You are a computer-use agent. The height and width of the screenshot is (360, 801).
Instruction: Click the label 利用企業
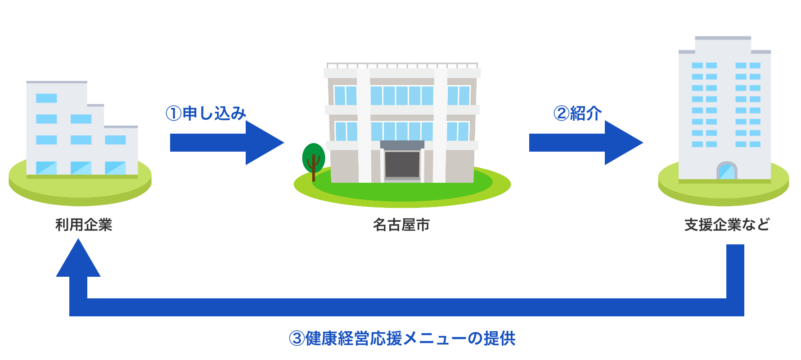tap(84, 225)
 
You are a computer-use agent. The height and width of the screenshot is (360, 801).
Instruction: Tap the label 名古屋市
tap(401, 225)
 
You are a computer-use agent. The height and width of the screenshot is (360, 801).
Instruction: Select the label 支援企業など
tap(727, 225)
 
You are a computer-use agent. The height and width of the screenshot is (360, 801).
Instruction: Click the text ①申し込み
tap(206, 113)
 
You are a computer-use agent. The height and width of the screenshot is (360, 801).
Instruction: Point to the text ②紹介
tap(578, 113)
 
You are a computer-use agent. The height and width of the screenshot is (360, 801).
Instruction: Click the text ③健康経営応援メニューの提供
tap(402, 338)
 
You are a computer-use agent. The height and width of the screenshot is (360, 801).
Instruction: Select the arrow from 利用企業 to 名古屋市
tap(225, 143)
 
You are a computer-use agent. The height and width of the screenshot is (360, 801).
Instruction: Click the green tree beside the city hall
tap(314, 157)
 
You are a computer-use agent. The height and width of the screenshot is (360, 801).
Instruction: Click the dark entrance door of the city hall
tap(402, 164)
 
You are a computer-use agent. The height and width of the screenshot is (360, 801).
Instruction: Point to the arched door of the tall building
tap(727, 171)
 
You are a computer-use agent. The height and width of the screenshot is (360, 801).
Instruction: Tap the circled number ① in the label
tap(174, 113)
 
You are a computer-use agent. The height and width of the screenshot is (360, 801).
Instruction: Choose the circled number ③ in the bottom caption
tap(297, 338)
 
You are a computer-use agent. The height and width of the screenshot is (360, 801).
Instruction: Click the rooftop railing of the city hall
tap(402, 65)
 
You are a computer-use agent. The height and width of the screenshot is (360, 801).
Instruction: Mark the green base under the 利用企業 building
tap(80, 191)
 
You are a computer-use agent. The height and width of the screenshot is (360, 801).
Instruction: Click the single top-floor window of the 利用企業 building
tap(46, 98)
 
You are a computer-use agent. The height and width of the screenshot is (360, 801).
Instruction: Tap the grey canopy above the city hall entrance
tap(402, 145)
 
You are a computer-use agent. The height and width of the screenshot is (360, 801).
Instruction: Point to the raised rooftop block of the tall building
tap(723, 44)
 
